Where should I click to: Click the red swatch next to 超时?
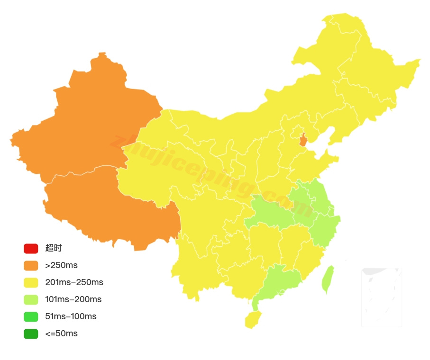tap(31, 248)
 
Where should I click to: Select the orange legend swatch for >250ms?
tap(31, 265)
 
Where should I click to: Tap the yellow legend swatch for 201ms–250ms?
tap(31, 282)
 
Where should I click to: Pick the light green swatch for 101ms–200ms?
tap(31, 299)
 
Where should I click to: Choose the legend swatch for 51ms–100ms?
tap(31, 316)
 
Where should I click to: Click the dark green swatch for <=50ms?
tap(31, 333)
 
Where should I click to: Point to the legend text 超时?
tap(54, 248)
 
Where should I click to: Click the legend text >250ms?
tap(61, 265)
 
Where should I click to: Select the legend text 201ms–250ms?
tap(74, 282)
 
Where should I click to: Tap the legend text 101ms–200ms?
tap(73, 299)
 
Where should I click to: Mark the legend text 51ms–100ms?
tap(71, 316)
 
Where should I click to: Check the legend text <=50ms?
tap(61, 333)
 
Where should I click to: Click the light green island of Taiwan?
tap(328, 279)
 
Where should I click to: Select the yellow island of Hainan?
tap(253, 319)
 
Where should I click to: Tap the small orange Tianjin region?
tap(303, 140)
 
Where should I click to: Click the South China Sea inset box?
tap(382, 297)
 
